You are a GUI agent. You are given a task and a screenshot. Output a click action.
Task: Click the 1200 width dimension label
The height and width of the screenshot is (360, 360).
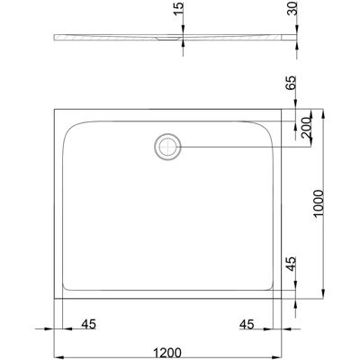(x=167, y=353)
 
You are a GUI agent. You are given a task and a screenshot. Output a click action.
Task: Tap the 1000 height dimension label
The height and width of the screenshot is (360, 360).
(x=318, y=203)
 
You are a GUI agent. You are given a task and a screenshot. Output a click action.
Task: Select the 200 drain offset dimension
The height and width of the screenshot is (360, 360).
(x=306, y=127)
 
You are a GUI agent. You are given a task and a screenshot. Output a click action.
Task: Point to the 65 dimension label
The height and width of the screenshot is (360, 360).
(x=291, y=83)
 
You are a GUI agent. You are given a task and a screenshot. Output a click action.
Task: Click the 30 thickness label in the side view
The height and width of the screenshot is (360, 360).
(x=291, y=8)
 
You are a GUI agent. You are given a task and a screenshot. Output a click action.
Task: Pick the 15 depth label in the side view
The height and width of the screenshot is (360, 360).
(x=177, y=9)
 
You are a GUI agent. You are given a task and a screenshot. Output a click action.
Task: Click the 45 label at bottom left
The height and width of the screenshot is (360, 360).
(x=89, y=324)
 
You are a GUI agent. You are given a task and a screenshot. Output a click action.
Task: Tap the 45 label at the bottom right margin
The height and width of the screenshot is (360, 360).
(x=247, y=324)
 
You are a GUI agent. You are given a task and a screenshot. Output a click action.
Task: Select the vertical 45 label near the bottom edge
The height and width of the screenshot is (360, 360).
(x=291, y=264)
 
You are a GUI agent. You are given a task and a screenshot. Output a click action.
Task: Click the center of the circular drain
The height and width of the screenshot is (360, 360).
(x=167, y=147)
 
